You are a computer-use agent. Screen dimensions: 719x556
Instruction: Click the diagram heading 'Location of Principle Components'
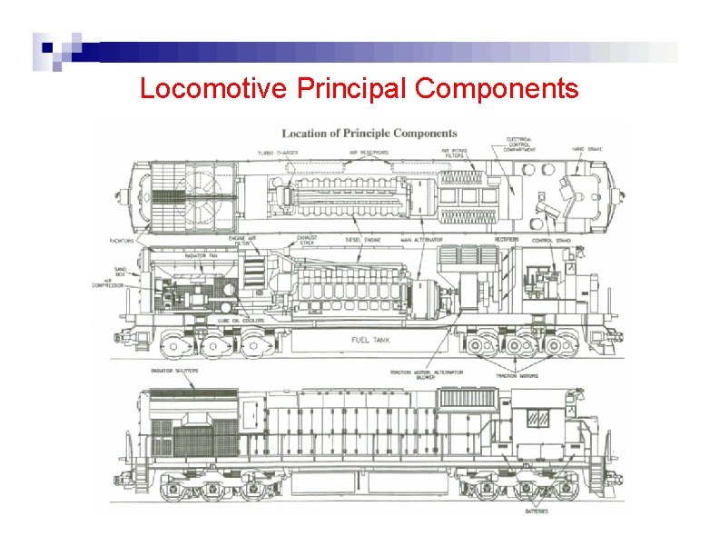[369, 134]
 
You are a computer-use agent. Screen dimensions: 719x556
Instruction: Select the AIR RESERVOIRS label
[369, 153]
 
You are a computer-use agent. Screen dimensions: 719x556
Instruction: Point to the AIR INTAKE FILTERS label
[454, 154]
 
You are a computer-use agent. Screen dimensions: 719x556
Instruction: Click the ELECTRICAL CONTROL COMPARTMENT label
[520, 145]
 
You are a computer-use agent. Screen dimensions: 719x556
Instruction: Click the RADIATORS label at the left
[123, 241]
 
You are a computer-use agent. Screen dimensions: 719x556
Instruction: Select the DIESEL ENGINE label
[364, 240]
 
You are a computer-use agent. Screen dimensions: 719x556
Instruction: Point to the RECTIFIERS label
[508, 240]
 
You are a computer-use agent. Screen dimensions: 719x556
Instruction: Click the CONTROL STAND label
[550, 241]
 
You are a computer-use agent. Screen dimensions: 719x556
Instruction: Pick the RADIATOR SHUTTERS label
[175, 372]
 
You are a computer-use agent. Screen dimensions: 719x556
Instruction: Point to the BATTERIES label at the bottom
[536, 511]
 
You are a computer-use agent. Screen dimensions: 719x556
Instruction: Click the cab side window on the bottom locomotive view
[538, 418]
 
